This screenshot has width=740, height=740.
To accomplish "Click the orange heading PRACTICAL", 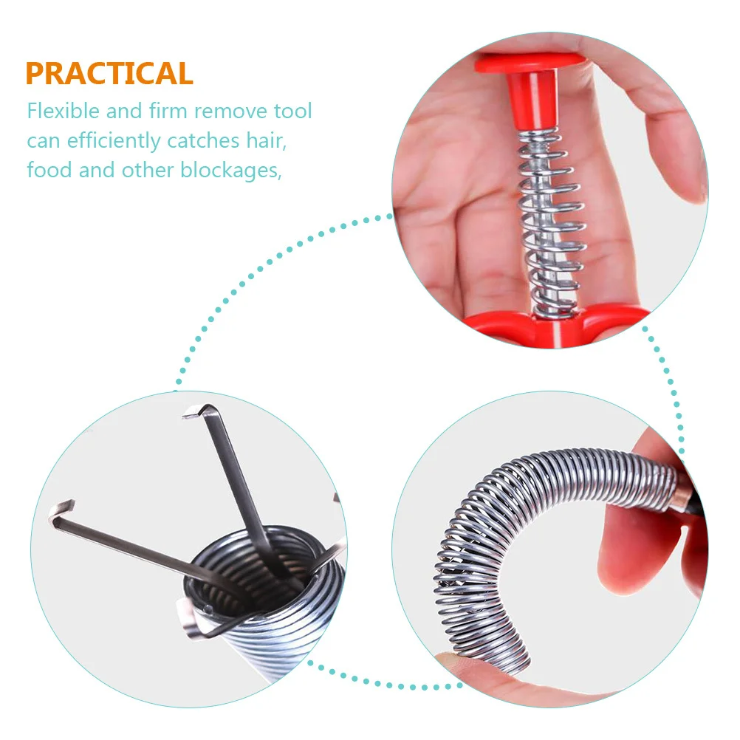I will (109, 74).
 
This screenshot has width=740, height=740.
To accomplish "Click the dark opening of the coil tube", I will (244, 569).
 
